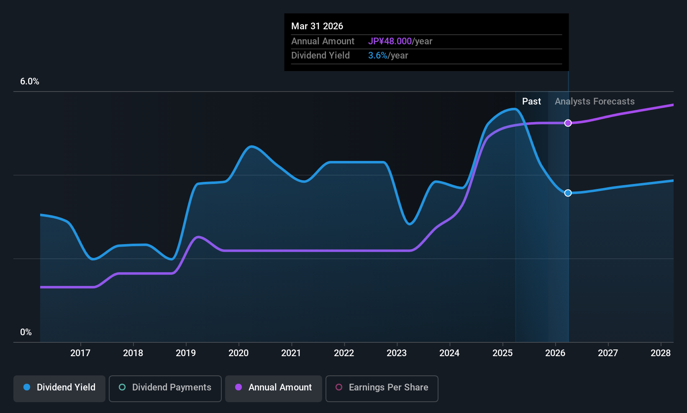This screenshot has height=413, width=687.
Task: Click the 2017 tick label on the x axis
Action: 80,353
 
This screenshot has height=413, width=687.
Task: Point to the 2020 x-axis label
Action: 238,353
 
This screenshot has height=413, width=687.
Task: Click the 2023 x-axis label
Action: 397,353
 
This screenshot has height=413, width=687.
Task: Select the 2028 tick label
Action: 661,353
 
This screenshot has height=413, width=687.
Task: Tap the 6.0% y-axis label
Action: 30,82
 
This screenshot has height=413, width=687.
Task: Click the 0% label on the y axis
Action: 26,332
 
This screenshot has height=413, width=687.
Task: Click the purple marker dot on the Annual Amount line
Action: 568,123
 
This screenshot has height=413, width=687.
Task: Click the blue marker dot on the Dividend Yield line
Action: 568,193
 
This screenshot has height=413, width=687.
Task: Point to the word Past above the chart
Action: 531,102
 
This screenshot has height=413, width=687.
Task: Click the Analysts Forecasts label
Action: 595,102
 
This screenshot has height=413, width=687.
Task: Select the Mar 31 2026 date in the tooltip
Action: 317,26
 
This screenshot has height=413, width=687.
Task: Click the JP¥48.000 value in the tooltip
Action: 390,41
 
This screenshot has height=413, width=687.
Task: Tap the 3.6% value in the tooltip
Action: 377,56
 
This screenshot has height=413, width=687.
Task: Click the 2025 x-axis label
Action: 502,353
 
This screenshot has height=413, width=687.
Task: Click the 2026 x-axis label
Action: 555,353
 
